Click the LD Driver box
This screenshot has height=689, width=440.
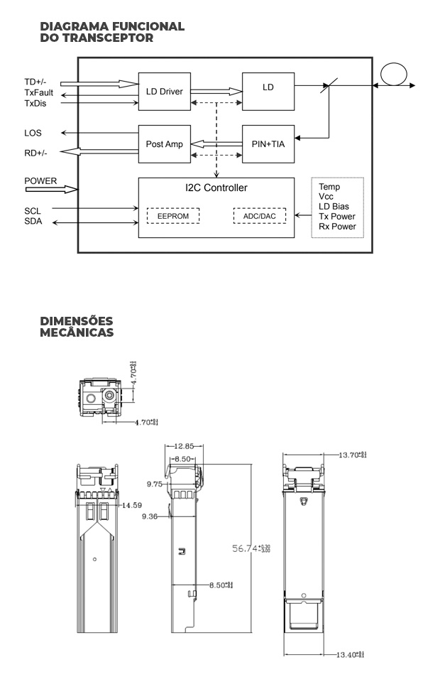[x=164, y=91]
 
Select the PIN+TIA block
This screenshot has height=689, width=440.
[x=268, y=143]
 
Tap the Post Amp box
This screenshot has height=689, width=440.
[x=164, y=143]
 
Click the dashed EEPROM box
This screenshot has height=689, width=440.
[x=172, y=215]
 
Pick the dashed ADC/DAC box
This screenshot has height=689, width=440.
[x=259, y=215]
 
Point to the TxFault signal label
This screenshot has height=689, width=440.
[x=39, y=93]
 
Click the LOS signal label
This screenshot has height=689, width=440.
[x=33, y=133]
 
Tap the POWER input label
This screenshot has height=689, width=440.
[x=40, y=180]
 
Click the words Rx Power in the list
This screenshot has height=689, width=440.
[x=338, y=227]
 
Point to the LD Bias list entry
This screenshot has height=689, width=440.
[x=334, y=207]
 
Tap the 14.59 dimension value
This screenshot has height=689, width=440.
[x=131, y=505]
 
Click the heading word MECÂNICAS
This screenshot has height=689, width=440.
[x=77, y=332]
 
